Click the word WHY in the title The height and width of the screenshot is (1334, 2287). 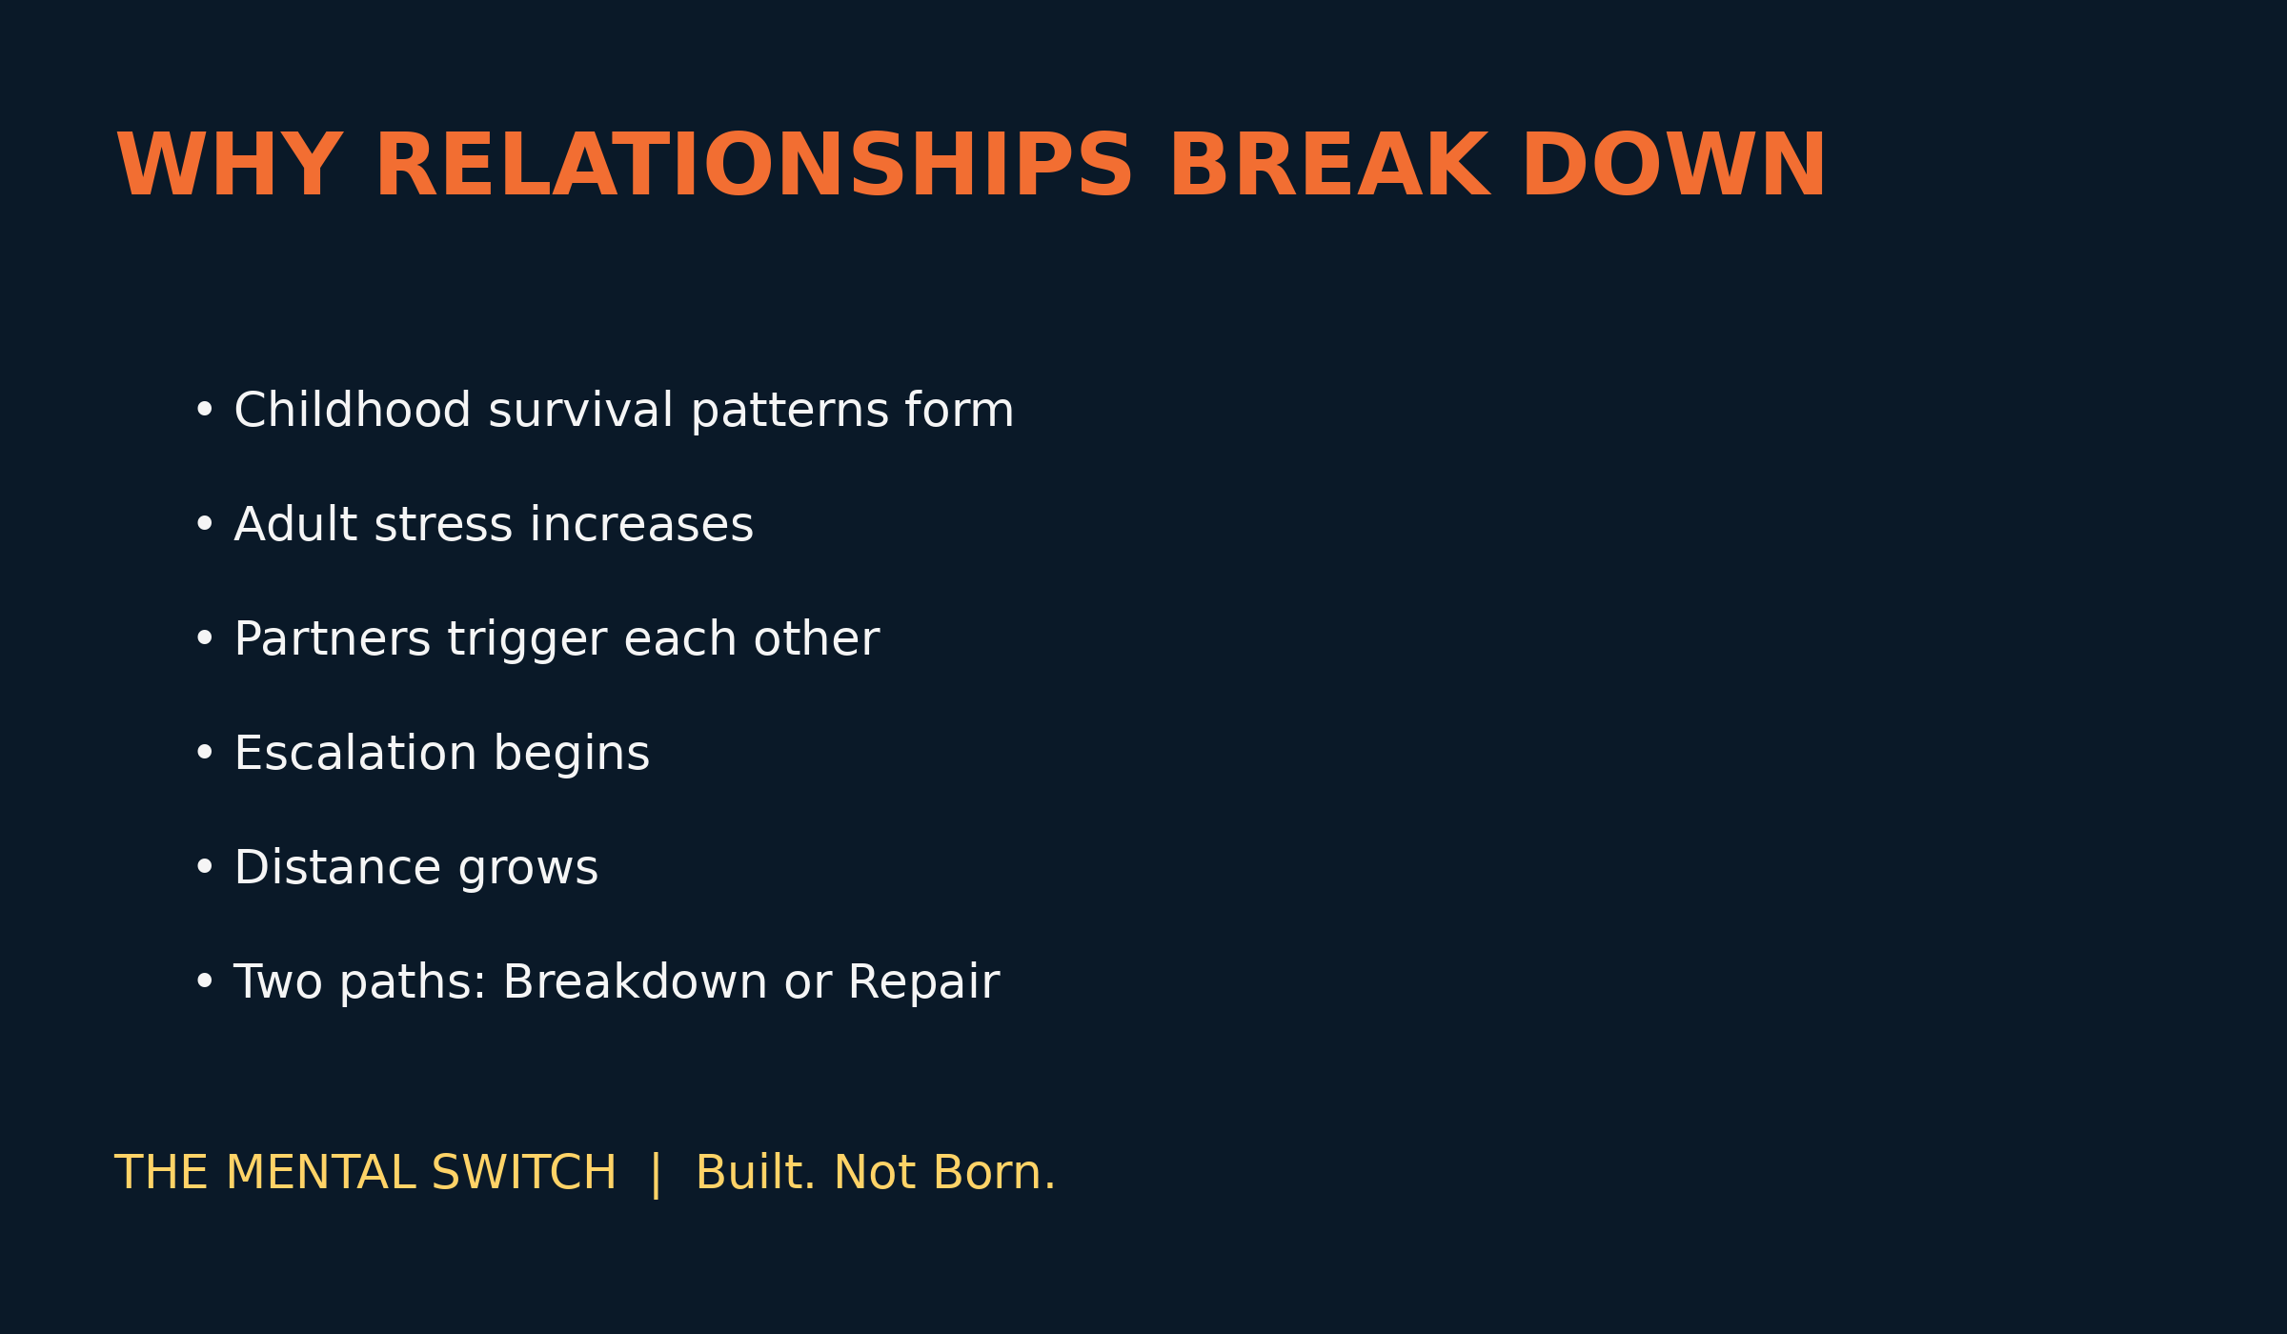229,165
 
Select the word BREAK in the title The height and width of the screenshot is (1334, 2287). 1330,165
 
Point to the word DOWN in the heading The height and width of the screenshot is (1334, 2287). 1674,165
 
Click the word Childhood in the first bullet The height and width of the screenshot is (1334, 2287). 353,410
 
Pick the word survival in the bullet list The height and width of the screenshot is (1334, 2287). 581,410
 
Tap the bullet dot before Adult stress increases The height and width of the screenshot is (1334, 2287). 204,524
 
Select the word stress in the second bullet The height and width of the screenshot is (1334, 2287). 444,526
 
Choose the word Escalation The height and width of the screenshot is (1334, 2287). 355,753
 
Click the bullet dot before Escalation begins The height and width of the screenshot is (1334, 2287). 204,753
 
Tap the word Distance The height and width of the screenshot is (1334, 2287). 338,867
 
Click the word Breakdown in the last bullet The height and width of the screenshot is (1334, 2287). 635,981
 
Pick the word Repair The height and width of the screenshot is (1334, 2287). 924,983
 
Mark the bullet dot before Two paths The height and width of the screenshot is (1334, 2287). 204,981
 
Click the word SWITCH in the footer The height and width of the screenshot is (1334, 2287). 524,1172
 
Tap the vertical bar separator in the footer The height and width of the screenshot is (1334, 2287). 656,1174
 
